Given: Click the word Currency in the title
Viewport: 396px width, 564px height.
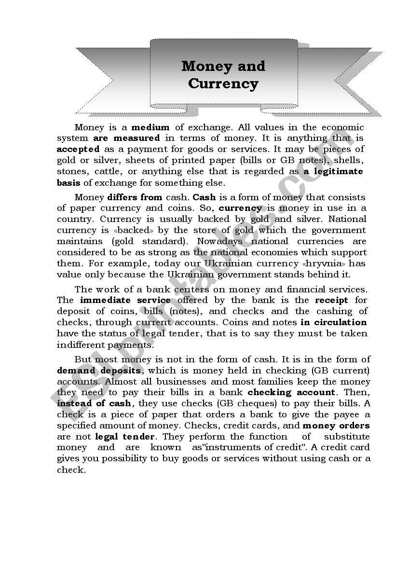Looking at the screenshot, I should point(223,83).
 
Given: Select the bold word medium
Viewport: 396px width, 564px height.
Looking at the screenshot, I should point(150,127).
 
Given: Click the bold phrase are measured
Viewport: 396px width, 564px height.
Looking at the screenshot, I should point(126,138).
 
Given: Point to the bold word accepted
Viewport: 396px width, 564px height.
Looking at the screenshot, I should point(78,149).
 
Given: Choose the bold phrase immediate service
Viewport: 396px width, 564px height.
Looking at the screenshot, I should point(125,300).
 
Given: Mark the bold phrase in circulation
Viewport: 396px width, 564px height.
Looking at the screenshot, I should point(333,322).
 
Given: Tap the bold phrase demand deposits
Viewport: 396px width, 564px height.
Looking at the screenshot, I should point(99,371).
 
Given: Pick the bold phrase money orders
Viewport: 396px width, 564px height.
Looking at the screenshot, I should point(336,426).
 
